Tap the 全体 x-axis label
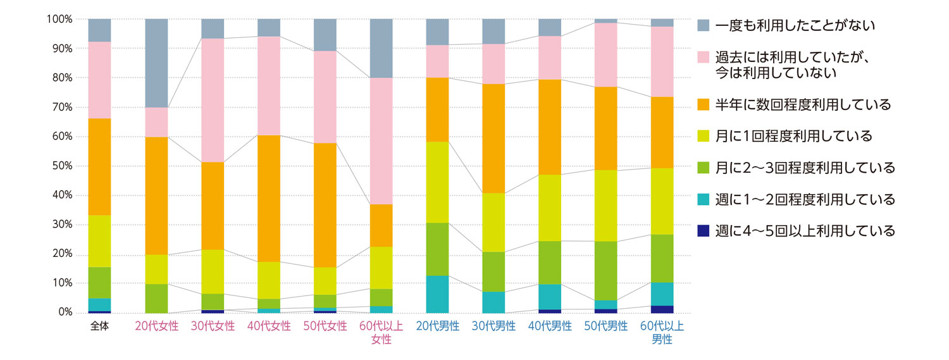pos(99,326)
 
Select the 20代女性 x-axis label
pos(156,326)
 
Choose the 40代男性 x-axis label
pos(549,326)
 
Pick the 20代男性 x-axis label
pos(437,326)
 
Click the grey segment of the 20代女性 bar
pos(156,63)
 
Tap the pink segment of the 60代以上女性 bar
pos(381,141)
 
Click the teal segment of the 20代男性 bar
pos(437,294)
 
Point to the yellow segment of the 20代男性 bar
pos(437,182)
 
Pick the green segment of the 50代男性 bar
pos(606,271)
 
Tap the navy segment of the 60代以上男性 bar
pos(662,309)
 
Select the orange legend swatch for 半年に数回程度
pos(704,104)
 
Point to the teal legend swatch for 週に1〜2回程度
pos(704,199)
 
